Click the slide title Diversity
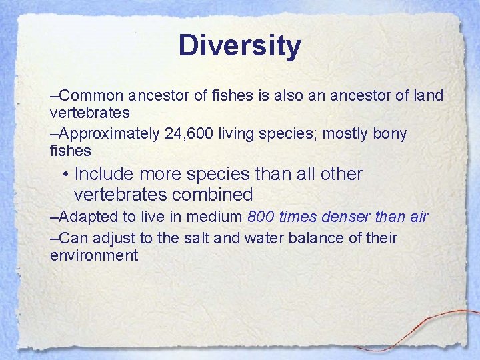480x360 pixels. [239, 46]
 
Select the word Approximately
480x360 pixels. [105, 134]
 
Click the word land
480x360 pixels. [428, 95]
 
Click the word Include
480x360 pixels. [103, 174]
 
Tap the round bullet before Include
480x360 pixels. [66, 175]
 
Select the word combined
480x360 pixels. [212, 195]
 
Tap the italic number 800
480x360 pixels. [260, 217]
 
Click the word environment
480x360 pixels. [94, 255]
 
